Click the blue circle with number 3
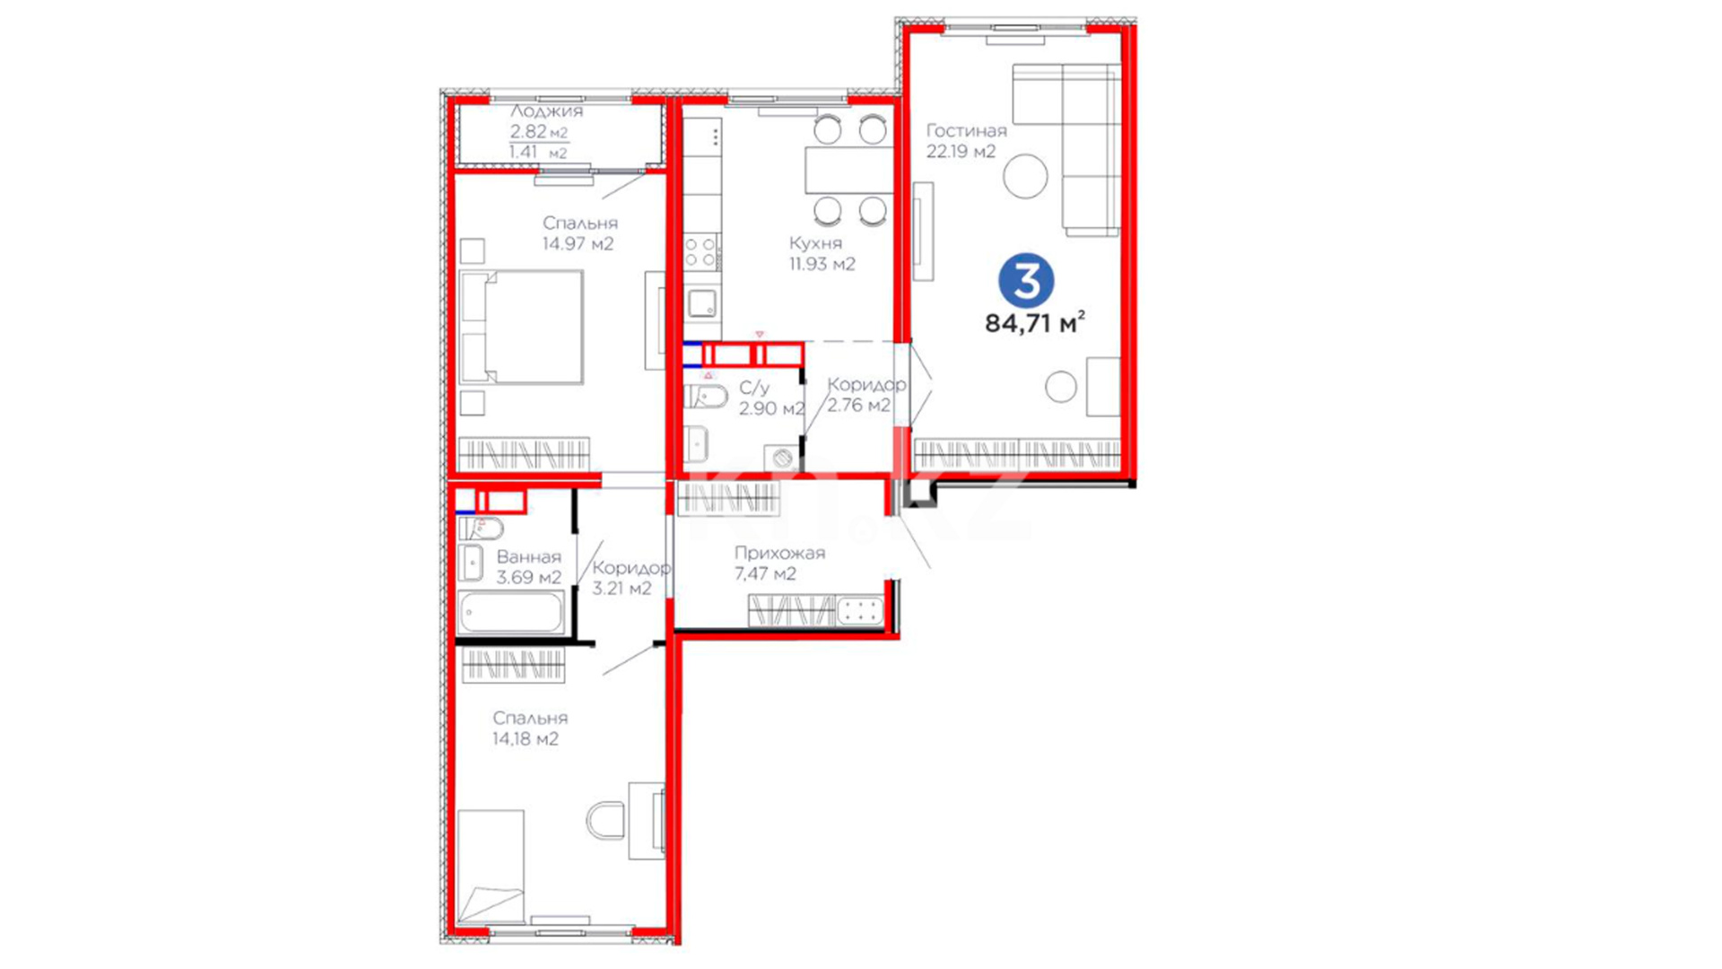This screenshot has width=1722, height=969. click(x=1026, y=281)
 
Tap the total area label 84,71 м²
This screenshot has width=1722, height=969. click(x=1035, y=322)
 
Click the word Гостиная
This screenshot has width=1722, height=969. click(x=966, y=131)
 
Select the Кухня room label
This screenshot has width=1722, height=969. click(x=815, y=243)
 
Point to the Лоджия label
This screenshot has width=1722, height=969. click(x=546, y=111)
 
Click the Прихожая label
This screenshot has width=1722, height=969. click(x=779, y=554)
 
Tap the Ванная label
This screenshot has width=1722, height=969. click(x=528, y=557)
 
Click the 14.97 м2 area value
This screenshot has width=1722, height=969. click(x=578, y=244)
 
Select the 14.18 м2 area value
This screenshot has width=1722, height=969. click(x=525, y=739)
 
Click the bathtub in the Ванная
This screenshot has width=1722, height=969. click(x=511, y=613)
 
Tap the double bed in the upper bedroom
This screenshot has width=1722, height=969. click(x=521, y=327)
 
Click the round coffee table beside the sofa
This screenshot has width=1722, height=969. click(x=1025, y=176)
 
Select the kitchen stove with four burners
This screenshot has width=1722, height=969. click(x=701, y=252)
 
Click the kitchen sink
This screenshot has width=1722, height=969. click(x=701, y=303)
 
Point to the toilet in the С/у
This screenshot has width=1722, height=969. click(x=706, y=397)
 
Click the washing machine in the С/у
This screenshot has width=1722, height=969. click(x=782, y=458)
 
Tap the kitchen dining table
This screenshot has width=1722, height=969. click(x=848, y=170)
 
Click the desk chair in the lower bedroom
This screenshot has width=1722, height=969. click(x=606, y=821)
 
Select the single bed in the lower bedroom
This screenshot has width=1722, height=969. click(x=490, y=867)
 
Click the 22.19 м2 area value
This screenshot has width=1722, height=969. click(x=961, y=152)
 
